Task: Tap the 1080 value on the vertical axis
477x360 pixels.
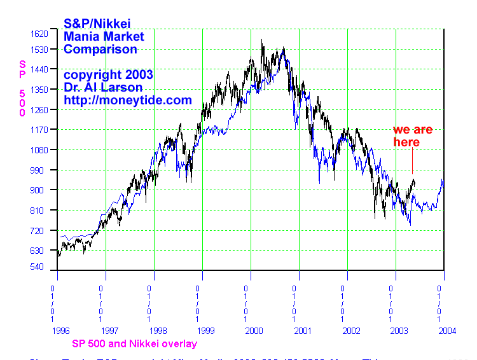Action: coord(40,150)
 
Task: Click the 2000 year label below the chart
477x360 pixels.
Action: coord(254,331)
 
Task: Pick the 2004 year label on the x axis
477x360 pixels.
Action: coord(447,331)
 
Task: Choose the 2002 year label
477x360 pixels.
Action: coord(350,331)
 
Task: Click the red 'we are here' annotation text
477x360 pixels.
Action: coord(412,136)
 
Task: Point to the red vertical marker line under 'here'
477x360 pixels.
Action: coord(412,162)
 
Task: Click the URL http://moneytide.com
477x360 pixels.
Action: coord(128,100)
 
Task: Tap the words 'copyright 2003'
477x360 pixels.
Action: coord(108,74)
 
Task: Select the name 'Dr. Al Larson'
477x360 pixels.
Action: coord(103,87)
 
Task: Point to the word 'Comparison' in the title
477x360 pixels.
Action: coord(100,49)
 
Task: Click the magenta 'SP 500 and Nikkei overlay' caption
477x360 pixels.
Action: coord(134,344)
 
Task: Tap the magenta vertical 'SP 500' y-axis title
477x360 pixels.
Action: coord(22,88)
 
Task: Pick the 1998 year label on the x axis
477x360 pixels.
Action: coord(157,331)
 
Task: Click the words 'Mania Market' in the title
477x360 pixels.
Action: coord(104,36)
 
